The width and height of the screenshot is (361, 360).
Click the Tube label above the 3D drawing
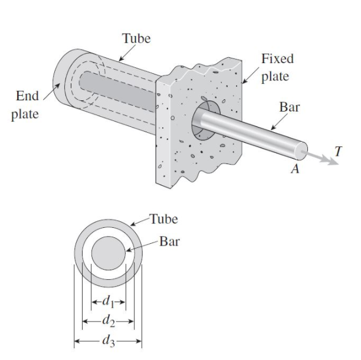(136, 39)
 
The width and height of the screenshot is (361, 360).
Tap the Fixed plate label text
(277, 68)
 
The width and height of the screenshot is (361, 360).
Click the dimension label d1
(109, 305)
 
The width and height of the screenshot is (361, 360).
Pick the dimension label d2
(109, 322)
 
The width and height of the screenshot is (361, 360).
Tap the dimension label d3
(109, 340)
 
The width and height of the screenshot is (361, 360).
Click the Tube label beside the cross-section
(164, 220)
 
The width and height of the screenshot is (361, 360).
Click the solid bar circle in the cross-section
(109, 254)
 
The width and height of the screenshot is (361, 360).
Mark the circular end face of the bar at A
(302, 152)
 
